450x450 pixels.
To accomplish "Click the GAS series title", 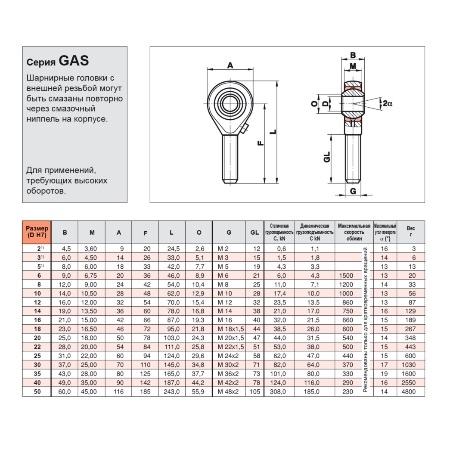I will (x=58, y=61).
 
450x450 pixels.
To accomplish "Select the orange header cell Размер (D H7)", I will (x=37, y=232).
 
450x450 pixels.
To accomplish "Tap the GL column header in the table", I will (x=254, y=233).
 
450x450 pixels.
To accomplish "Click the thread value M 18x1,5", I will (x=231, y=329).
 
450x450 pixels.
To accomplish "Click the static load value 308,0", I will (x=278, y=391).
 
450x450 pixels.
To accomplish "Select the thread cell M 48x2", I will (x=228, y=391).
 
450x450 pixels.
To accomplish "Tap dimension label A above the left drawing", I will (x=230, y=65).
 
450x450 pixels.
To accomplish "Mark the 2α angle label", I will (x=387, y=103).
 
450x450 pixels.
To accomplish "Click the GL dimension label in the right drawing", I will (x=327, y=157).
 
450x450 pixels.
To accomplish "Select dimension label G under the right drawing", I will (x=353, y=191).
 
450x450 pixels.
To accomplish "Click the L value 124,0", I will (x=171, y=356).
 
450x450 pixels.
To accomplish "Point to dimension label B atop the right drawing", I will (x=353, y=55).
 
